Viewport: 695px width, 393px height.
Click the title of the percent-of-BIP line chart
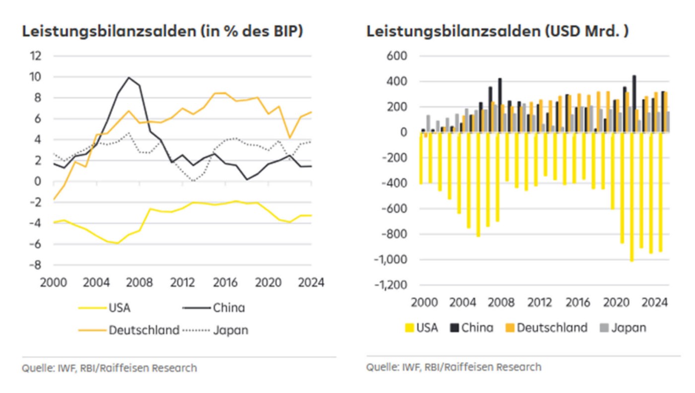(162, 31)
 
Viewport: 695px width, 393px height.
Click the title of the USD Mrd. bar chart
(497, 31)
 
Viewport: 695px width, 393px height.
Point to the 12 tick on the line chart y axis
(36, 56)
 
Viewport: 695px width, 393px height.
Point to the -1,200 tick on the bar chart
(391, 285)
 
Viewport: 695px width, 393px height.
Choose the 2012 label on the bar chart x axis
(540, 302)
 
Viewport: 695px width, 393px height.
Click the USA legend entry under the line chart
(120, 308)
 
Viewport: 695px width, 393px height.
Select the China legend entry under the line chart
(229, 308)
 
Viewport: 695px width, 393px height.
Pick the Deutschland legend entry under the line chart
(144, 330)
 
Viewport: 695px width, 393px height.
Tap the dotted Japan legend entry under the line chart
(230, 330)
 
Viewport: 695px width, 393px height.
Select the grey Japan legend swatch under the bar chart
(604, 327)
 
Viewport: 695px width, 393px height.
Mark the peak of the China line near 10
(129, 77)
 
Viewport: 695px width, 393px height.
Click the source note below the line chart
(109, 368)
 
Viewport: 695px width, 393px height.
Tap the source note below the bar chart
(454, 367)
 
